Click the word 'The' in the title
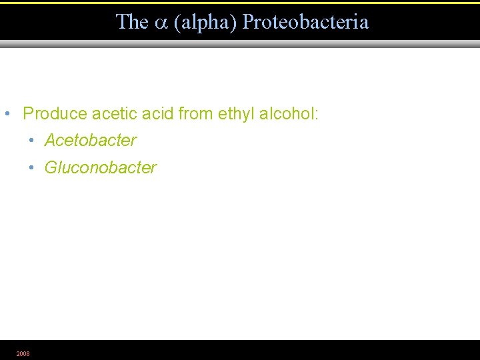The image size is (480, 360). point(132,22)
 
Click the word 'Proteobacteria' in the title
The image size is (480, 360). point(305,22)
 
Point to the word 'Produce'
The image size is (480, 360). point(55,113)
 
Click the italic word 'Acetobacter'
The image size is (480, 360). point(91,141)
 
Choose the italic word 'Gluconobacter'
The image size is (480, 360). point(101,167)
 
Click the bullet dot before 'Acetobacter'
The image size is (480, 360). point(31,141)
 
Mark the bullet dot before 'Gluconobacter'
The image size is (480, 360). point(31,167)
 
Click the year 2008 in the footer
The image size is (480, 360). point(23,353)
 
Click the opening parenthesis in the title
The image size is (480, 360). point(177,23)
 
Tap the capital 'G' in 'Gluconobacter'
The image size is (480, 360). point(51,167)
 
